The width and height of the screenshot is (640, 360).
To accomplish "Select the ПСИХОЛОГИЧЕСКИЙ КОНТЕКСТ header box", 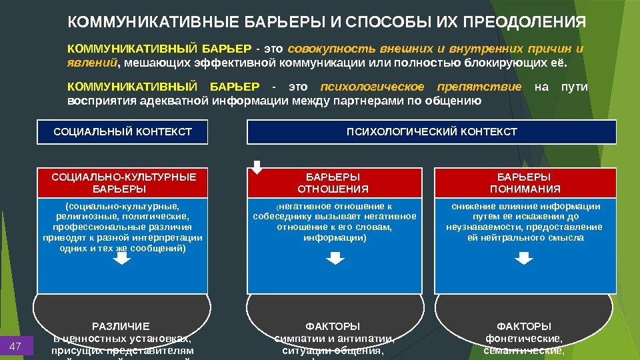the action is coord(431,132).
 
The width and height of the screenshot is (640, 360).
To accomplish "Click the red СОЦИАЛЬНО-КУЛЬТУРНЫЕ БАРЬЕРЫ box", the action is coord(124,183).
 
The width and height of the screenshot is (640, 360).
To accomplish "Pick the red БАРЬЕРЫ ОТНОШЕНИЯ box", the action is coord(333,183).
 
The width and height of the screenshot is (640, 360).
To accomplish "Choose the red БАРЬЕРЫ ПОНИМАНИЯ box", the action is coord(524,183).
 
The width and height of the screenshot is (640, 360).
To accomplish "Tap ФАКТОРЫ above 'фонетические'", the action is coord(524,327).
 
